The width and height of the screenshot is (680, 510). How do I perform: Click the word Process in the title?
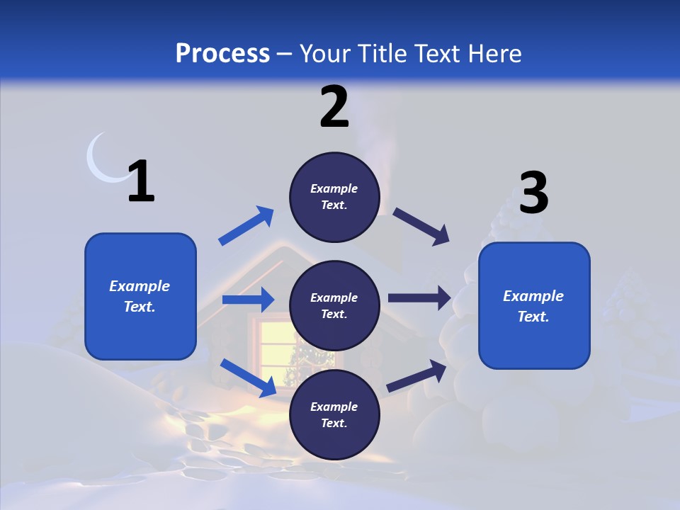(222, 54)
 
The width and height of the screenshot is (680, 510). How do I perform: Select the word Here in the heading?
(493, 54)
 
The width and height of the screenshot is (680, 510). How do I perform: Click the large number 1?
(141, 182)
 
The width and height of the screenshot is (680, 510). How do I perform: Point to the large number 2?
(334, 108)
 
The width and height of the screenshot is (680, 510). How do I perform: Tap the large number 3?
(533, 193)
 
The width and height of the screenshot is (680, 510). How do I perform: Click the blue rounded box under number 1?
(140, 296)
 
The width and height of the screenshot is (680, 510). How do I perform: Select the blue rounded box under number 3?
(534, 305)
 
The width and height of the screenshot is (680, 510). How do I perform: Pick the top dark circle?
(334, 196)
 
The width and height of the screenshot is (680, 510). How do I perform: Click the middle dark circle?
(334, 305)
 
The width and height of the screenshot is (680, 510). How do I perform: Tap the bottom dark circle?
(334, 414)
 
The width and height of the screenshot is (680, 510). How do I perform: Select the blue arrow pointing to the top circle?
(246, 226)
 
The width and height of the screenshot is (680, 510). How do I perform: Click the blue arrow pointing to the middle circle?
(248, 300)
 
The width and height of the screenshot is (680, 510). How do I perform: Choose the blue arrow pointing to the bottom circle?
(249, 377)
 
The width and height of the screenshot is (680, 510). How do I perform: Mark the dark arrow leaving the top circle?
(421, 226)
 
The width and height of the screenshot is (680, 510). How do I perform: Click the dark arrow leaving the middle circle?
(419, 298)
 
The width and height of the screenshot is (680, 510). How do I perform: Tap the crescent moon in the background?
(100, 162)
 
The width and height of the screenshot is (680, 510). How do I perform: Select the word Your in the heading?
(325, 54)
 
